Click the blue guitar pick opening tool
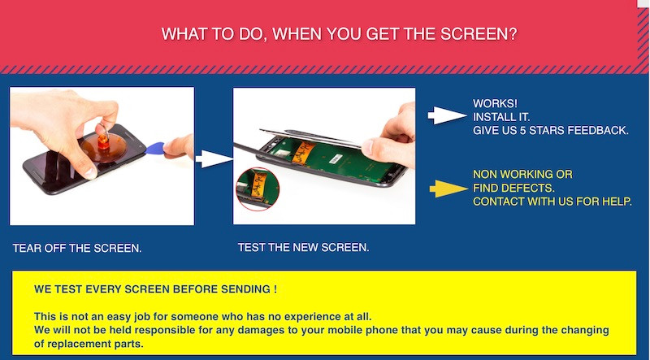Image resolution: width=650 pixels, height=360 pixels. pyautogui.click(x=155, y=149)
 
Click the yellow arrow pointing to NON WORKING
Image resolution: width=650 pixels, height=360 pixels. pyautogui.click(x=448, y=189)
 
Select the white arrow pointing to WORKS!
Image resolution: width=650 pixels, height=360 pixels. pyautogui.click(x=448, y=115)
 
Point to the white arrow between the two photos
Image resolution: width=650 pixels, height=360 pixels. pyautogui.click(x=214, y=158)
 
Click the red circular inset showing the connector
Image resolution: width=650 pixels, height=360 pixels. pyautogui.click(x=258, y=189)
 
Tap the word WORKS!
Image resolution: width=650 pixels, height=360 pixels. pyautogui.click(x=495, y=103)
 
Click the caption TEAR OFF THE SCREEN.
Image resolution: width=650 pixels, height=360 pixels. pyautogui.click(x=77, y=249)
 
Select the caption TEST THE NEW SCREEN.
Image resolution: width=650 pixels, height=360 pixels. pyautogui.click(x=303, y=248)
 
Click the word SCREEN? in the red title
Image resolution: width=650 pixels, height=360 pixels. pyautogui.click(x=479, y=34)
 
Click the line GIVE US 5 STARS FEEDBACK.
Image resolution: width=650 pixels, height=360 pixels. pyautogui.click(x=551, y=130)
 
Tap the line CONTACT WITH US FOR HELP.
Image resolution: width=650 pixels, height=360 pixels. pyautogui.click(x=552, y=202)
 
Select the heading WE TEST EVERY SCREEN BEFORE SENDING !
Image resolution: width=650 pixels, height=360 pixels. pyautogui.click(x=155, y=289)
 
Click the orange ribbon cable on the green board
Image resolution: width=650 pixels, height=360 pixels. pyautogui.click(x=302, y=152)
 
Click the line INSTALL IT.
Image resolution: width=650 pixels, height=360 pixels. pyautogui.click(x=501, y=117)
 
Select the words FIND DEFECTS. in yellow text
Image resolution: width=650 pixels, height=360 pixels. pyautogui.click(x=513, y=188)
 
